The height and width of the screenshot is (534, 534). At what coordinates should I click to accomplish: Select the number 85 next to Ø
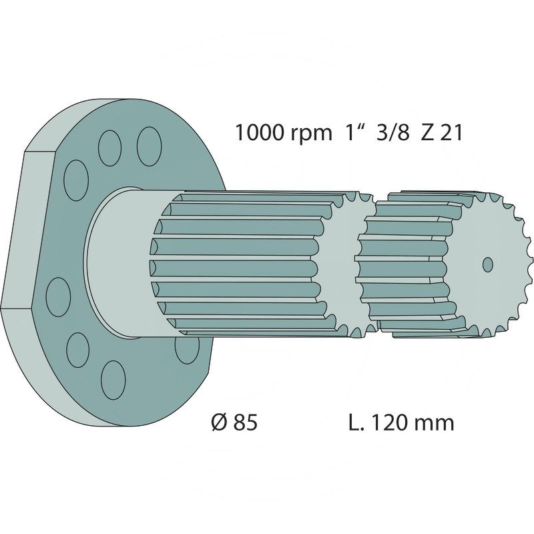click(245, 423)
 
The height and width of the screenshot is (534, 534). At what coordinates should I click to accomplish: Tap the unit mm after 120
click(437, 423)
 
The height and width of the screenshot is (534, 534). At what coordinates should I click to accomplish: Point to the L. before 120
click(356, 423)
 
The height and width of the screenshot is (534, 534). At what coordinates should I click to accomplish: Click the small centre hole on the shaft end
click(487, 264)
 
